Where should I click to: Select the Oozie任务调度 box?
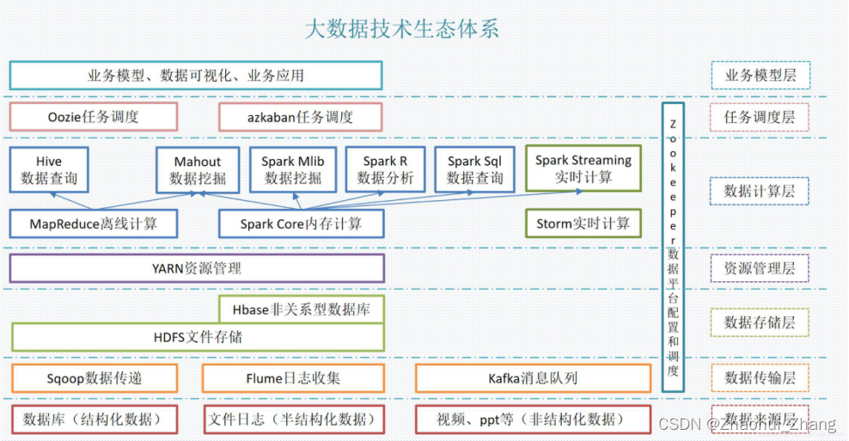pos(94,117)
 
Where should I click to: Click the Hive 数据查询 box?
pos(49,169)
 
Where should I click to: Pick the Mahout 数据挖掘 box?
pos(198,169)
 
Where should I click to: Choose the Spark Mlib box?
pos(293,169)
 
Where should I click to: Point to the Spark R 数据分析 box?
pos(385,169)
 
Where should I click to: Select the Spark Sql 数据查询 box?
pos(474,169)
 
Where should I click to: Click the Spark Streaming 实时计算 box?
pos(583,168)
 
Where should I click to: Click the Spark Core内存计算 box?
pos(301,224)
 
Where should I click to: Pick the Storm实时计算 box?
pos(583,224)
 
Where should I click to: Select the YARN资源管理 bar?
pos(197,268)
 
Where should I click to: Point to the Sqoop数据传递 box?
pos(94,378)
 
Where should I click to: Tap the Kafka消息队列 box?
pos(533,378)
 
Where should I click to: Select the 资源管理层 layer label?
pos(760,268)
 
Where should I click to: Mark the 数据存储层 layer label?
pos(760,322)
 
